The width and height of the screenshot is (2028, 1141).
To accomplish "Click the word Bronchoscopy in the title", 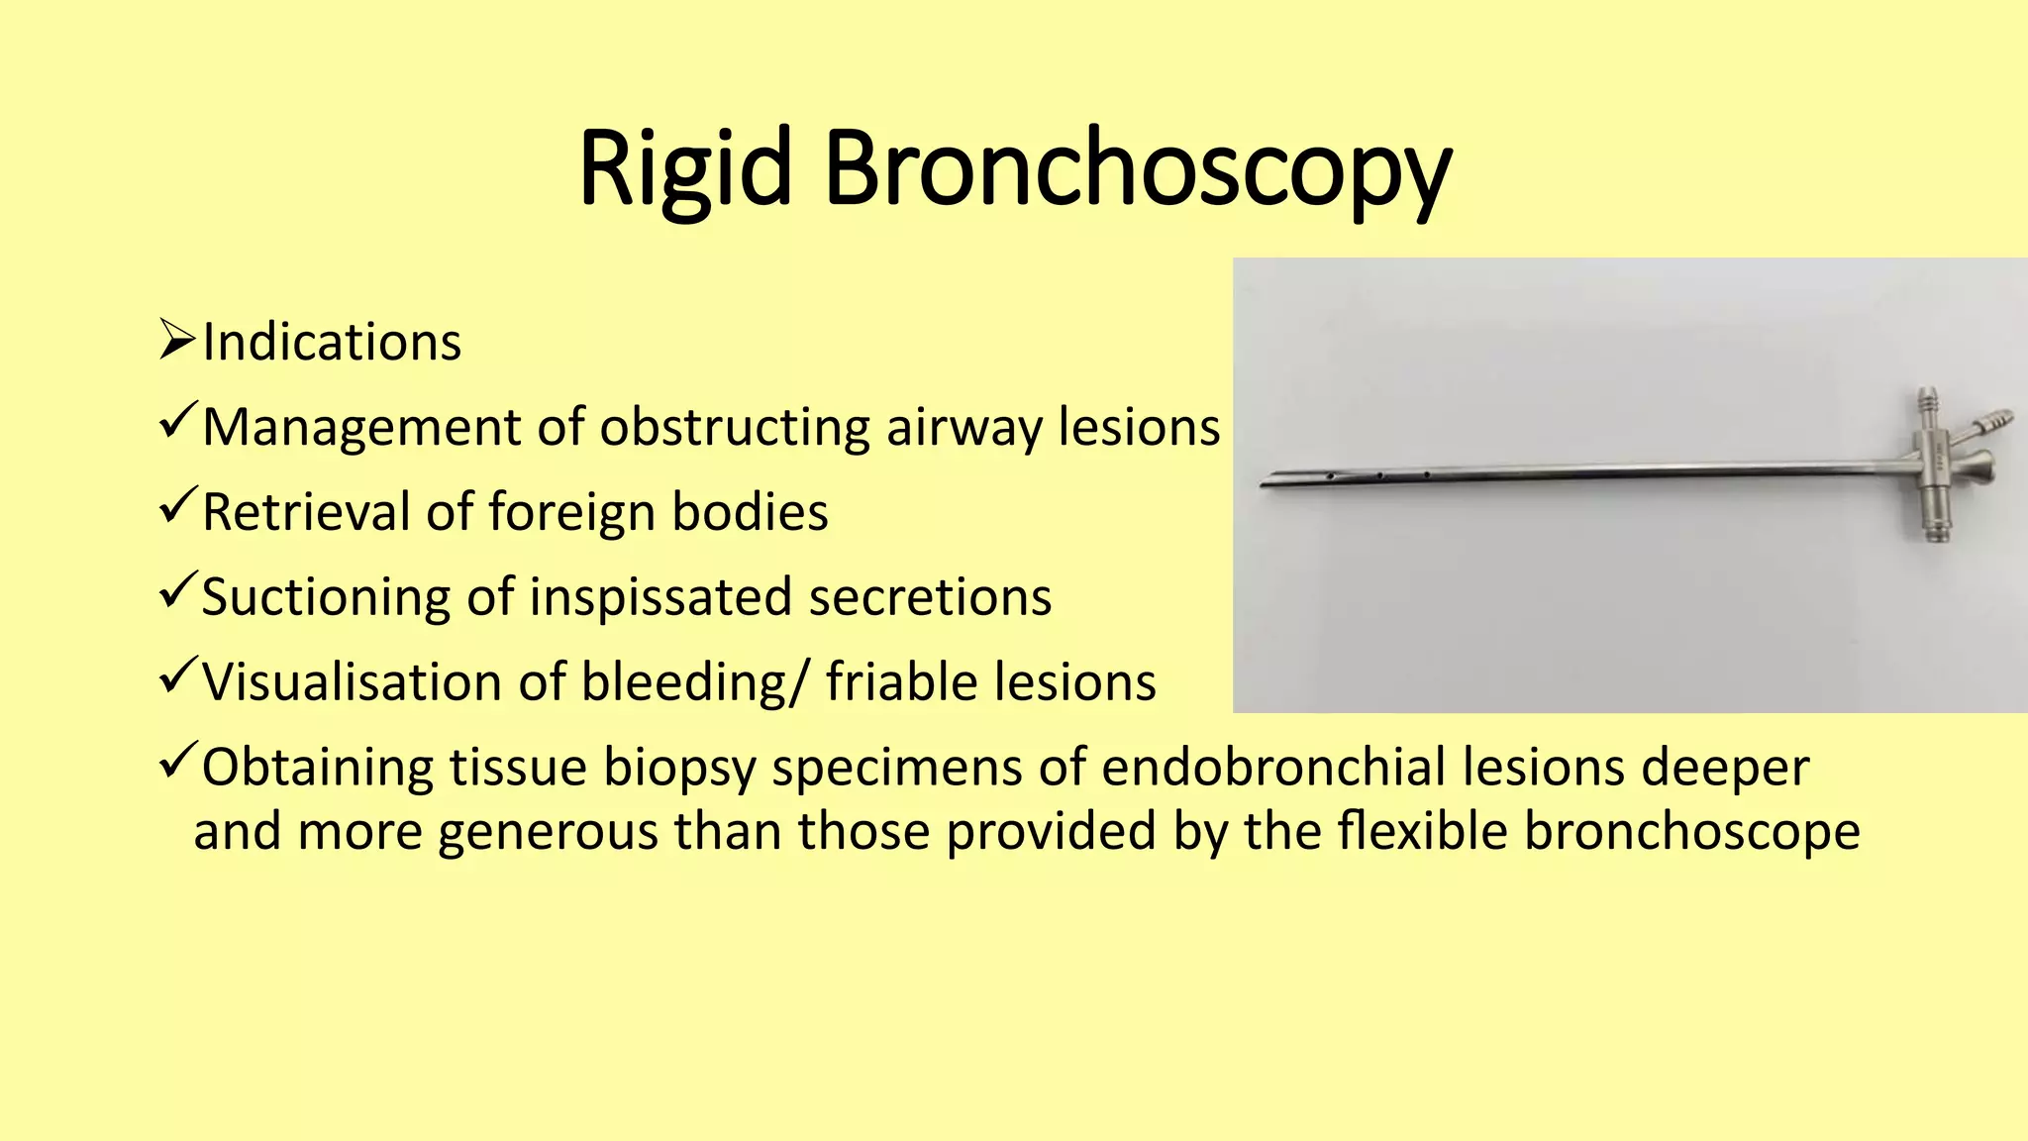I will coord(1137,170).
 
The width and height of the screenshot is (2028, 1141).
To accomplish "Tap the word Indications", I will coord(332,343).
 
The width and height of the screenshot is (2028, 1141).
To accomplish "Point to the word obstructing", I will coord(734,428).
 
